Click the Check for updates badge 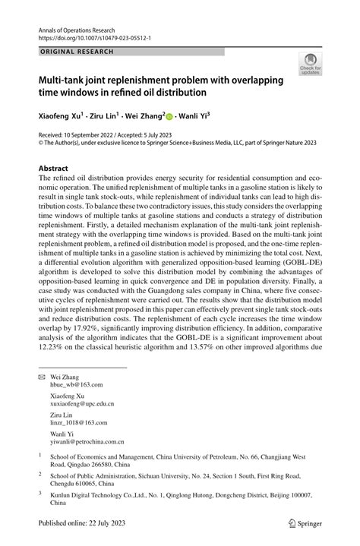[311, 65]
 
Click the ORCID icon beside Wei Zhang [169, 117]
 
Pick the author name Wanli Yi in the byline [193, 116]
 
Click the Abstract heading [55, 167]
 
